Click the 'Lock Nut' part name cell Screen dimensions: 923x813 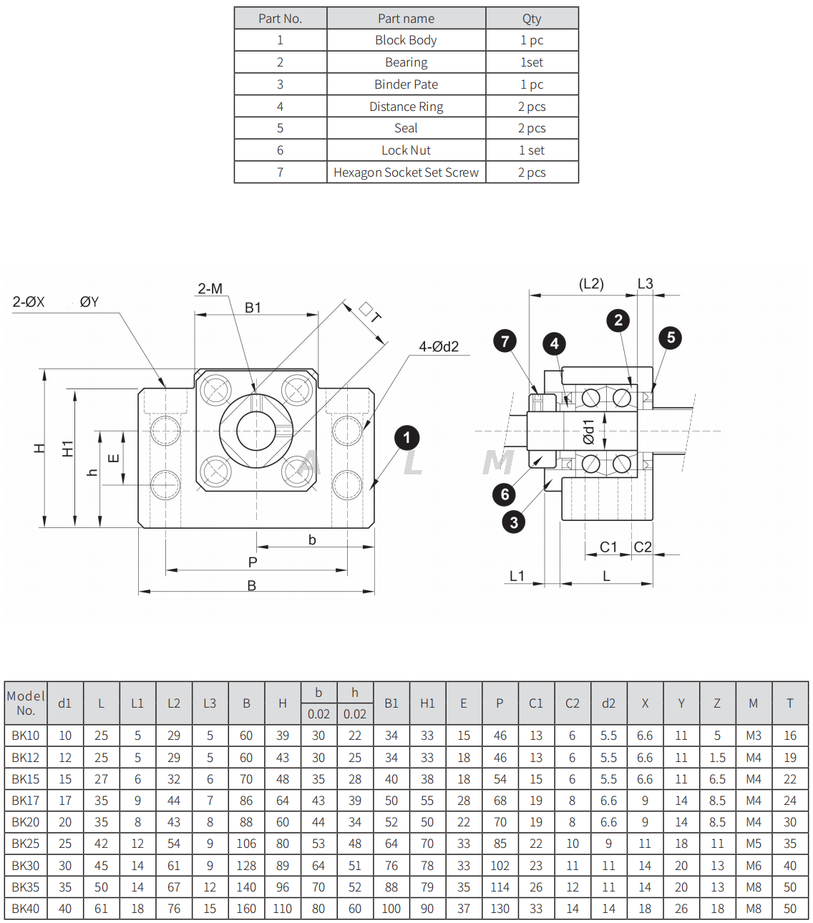point(406,150)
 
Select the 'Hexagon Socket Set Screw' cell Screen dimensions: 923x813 point(406,172)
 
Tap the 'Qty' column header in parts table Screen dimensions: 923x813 point(531,19)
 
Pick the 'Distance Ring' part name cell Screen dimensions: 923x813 point(406,107)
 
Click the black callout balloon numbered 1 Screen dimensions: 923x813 point(406,438)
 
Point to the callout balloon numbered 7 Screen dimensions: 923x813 point(505,341)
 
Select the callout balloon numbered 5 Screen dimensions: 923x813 point(671,338)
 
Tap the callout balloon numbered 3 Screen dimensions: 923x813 point(513,522)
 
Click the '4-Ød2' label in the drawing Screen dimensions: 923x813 point(438,347)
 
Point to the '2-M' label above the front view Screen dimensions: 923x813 point(210,289)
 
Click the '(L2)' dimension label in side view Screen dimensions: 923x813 point(591,284)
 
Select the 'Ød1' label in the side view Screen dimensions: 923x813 point(588,431)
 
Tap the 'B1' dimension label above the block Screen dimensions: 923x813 point(253,308)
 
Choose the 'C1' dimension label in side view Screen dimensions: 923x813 point(608,547)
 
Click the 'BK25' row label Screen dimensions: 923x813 point(26,844)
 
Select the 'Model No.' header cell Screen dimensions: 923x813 point(26,703)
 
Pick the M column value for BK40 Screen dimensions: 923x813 point(753,909)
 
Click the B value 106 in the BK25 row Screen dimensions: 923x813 point(246,844)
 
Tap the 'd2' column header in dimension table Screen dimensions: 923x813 point(608,703)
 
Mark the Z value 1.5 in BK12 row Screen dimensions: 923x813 point(717,757)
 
